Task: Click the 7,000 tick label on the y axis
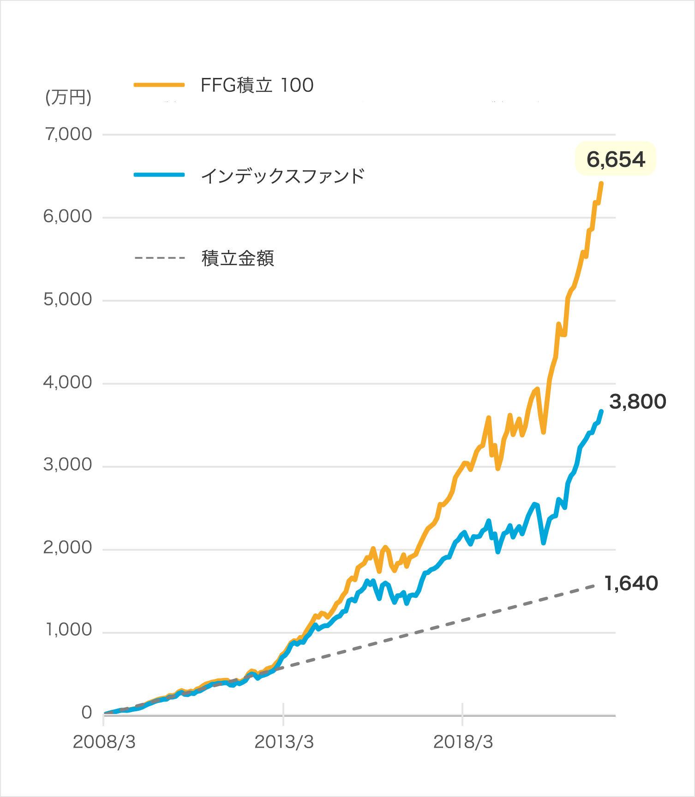click(69, 134)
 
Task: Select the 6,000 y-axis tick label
click(68, 216)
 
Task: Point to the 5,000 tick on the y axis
click(68, 300)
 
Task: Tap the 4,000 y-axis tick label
click(68, 382)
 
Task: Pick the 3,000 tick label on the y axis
click(68, 465)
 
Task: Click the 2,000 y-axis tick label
click(68, 548)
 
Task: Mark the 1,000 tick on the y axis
click(69, 630)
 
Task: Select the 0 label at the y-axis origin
click(87, 713)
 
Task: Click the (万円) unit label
click(68, 97)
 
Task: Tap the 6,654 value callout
click(616, 160)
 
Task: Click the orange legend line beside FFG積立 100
click(159, 85)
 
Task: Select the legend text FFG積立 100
click(257, 85)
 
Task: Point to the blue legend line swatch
click(168, 175)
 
